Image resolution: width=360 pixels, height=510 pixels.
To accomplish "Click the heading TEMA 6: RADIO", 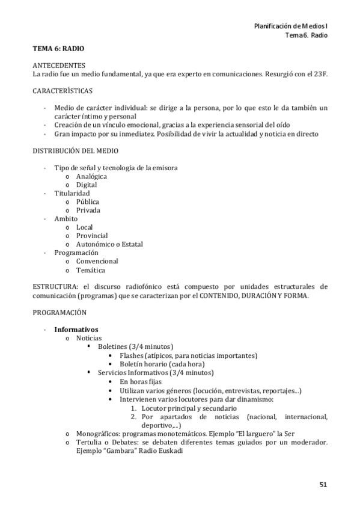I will (x=58, y=48).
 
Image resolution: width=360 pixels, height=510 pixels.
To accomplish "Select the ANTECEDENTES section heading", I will (x=59, y=65).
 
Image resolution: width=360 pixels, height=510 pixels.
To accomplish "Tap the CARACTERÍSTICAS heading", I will (x=63, y=91).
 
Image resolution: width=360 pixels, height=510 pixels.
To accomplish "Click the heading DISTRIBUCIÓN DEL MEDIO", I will (x=75, y=150).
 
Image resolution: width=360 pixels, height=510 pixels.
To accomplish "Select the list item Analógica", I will (x=91, y=176).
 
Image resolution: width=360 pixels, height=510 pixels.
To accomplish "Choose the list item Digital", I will (x=87, y=185).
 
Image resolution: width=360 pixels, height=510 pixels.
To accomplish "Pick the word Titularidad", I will (x=72, y=193).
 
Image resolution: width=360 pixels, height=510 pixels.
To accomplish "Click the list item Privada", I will (x=88, y=210).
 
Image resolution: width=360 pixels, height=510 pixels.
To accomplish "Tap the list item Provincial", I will (x=92, y=236).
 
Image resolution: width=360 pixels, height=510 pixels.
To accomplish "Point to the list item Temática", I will (x=90, y=270).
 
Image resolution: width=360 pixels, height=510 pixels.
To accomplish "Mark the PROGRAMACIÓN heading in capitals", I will (x=59, y=312).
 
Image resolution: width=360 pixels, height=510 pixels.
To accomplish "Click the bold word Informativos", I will (x=76, y=330).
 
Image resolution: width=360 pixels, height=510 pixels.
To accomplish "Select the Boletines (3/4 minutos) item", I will (x=135, y=346).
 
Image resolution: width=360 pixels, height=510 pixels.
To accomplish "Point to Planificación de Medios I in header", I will (x=291, y=26).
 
